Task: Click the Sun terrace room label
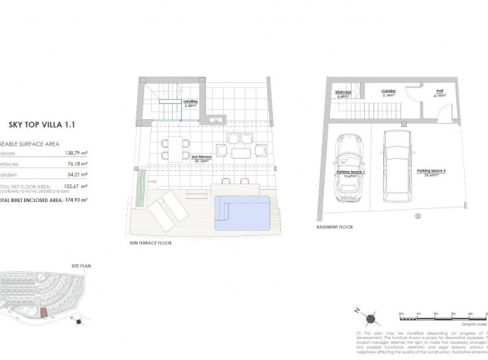[201, 157]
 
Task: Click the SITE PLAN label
[66, 265]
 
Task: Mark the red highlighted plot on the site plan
[45, 312]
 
